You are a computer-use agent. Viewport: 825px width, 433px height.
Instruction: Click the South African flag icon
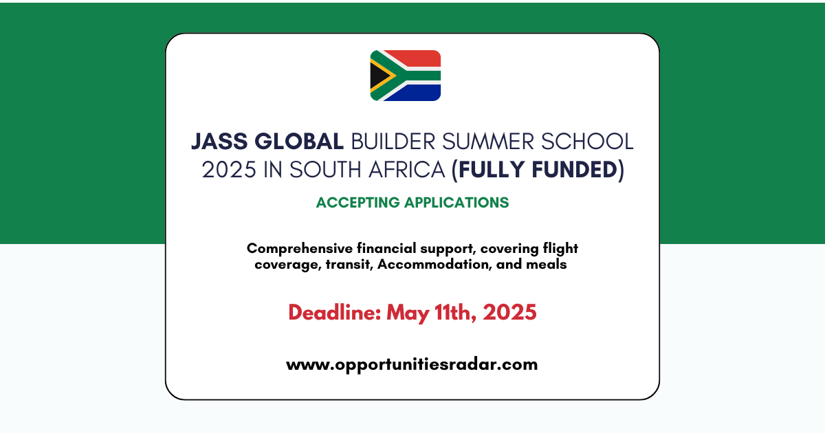(x=406, y=76)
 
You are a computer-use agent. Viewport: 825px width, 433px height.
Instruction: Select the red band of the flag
(x=415, y=58)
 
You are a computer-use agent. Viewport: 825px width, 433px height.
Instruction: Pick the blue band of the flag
(x=415, y=93)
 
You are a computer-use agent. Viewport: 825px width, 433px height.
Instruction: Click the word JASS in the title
(x=219, y=142)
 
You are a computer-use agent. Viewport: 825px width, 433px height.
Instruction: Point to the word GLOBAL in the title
(x=298, y=142)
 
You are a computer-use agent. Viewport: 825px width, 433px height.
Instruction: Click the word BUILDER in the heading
(x=393, y=142)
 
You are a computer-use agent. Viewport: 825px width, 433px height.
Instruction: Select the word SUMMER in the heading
(x=488, y=142)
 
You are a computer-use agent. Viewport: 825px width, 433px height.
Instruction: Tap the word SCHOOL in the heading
(x=587, y=142)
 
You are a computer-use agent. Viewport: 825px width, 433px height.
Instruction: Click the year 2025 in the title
(x=229, y=170)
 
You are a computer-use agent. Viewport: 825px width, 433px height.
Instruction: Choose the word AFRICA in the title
(x=406, y=170)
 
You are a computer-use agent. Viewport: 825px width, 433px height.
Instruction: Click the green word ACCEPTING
(x=357, y=203)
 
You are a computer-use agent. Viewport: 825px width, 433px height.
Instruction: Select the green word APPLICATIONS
(x=456, y=203)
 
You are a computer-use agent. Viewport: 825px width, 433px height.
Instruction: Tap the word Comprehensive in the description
(x=300, y=249)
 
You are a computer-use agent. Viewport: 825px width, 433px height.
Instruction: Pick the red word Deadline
(x=334, y=313)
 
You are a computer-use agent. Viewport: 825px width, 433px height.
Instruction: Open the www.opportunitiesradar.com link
(x=412, y=364)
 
